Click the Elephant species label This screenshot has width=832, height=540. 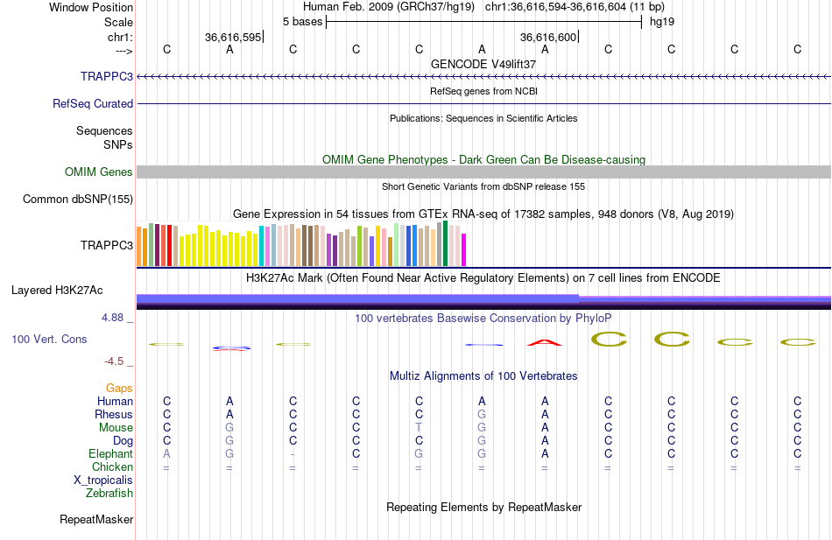(x=110, y=453)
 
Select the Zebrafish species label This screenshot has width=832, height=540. (x=109, y=493)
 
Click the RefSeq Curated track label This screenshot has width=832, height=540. (x=93, y=103)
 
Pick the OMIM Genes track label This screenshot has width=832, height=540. (x=99, y=172)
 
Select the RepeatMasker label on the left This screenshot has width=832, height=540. (x=96, y=519)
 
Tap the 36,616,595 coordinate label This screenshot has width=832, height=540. (x=233, y=38)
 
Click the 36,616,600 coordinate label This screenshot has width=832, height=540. (x=548, y=38)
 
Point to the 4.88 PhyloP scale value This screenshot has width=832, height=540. (x=113, y=318)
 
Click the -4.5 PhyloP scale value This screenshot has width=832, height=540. (x=114, y=361)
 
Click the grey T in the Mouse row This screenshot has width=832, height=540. (x=419, y=427)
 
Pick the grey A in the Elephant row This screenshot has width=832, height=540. (x=166, y=453)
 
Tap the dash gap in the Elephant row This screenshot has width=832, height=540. (x=293, y=453)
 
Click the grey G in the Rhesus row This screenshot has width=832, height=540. (x=482, y=414)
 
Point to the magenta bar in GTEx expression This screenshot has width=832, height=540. (x=463, y=249)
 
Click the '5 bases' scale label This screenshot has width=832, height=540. (x=302, y=20)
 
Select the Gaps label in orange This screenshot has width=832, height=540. (x=119, y=388)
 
